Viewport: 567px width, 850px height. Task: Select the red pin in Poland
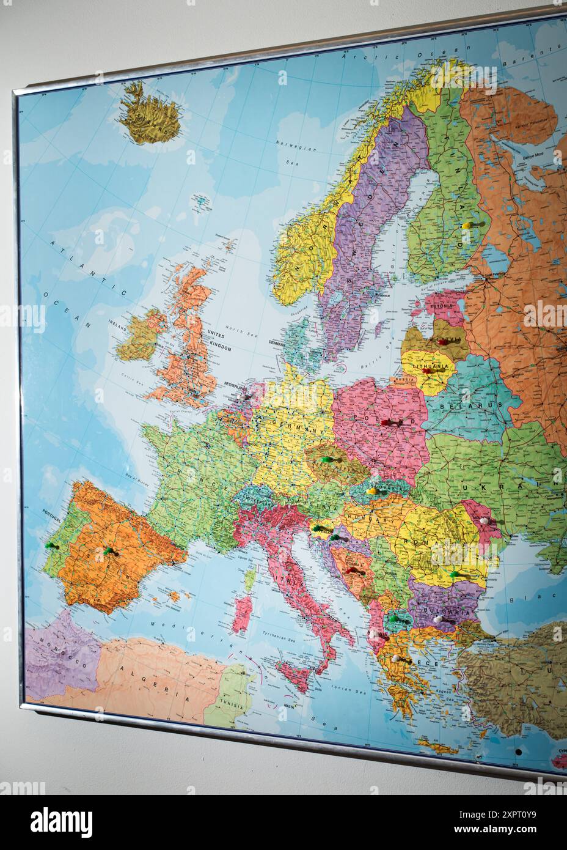click(x=386, y=422)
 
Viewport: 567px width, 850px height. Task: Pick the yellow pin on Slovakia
click(x=371, y=490)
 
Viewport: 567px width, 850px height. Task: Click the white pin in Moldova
click(x=485, y=520)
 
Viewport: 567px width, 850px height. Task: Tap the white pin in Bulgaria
click(x=437, y=620)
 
